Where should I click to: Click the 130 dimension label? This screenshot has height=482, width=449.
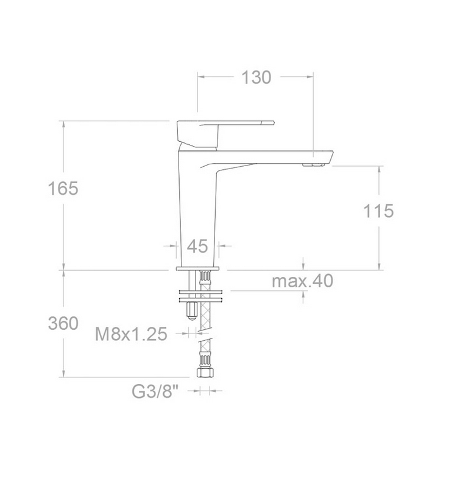coord(256,77)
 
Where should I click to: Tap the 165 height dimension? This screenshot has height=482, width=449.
coord(63,188)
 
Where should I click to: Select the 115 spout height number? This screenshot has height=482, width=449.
coord(378,211)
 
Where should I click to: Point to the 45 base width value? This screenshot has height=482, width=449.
coord(197,246)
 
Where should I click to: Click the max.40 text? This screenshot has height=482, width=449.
coord(303,281)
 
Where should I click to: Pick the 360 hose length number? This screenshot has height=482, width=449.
coord(63,323)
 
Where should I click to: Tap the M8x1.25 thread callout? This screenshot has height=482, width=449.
coord(131,334)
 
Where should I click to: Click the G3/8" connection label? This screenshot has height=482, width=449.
coord(155,391)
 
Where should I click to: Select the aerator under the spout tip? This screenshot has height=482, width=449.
coord(313,165)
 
